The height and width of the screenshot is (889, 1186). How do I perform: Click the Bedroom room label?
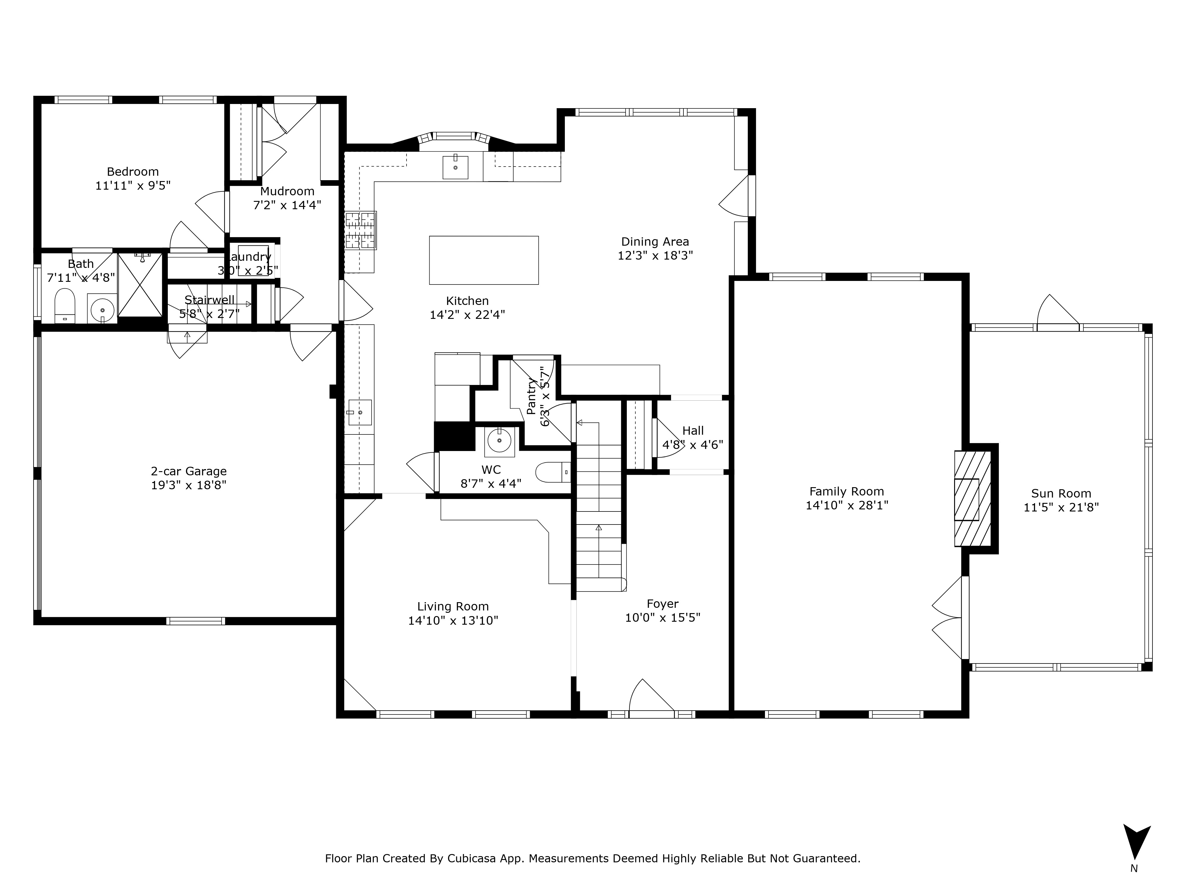click(x=133, y=172)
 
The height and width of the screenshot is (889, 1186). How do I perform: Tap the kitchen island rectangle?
click(x=484, y=260)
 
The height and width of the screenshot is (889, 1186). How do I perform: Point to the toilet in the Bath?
click(x=65, y=306)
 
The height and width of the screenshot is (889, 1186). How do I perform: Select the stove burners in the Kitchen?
click(x=360, y=231)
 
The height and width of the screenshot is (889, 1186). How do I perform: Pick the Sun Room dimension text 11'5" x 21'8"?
click(x=1061, y=507)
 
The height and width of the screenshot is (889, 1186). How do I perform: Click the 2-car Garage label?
click(x=189, y=471)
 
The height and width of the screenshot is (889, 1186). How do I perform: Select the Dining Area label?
click(x=655, y=242)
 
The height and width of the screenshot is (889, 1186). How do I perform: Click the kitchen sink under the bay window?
click(x=455, y=167)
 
